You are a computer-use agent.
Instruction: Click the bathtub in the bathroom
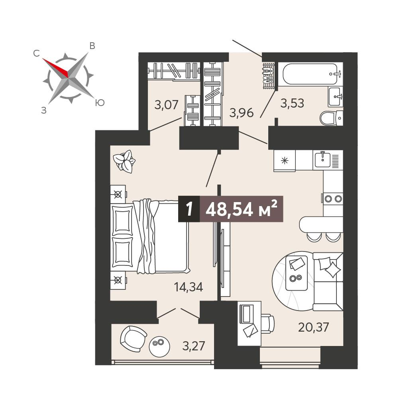click(x=310, y=74)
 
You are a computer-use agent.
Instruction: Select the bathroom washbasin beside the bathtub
click(x=335, y=97)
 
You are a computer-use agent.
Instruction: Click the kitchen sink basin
click(x=322, y=160)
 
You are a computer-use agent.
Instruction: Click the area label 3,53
click(x=292, y=104)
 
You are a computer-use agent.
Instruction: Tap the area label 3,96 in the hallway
click(x=242, y=112)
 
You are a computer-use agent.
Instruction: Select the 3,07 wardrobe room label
click(x=167, y=104)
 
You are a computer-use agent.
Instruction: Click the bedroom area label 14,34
click(x=188, y=287)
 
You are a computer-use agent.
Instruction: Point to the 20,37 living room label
click(x=313, y=327)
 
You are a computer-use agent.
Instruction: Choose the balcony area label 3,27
click(x=194, y=346)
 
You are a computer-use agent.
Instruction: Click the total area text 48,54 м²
click(x=241, y=209)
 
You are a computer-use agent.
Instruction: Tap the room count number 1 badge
click(x=189, y=209)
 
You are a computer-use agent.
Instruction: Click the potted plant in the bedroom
click(x=124, y=161)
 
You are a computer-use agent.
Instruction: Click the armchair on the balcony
click(x=133, y=339)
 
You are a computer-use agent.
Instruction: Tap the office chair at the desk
click(x=267, y=323)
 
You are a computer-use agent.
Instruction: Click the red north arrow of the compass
click(x=55, y=67)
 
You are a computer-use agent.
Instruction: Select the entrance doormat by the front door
click(x=269, y=75)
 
